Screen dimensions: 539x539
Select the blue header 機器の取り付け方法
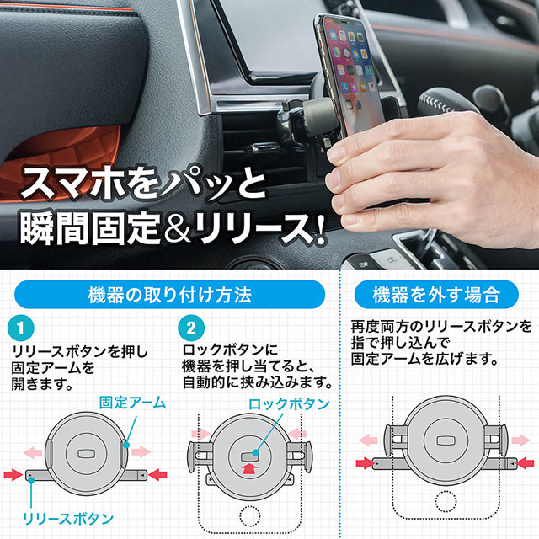(169, 295)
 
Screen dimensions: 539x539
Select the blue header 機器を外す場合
(437, 295)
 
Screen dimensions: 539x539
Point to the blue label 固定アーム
(132, 403)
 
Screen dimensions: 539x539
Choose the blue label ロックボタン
(288, 404)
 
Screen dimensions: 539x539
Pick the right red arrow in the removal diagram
(523, 462)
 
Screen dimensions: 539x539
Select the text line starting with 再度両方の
(441, 326)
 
